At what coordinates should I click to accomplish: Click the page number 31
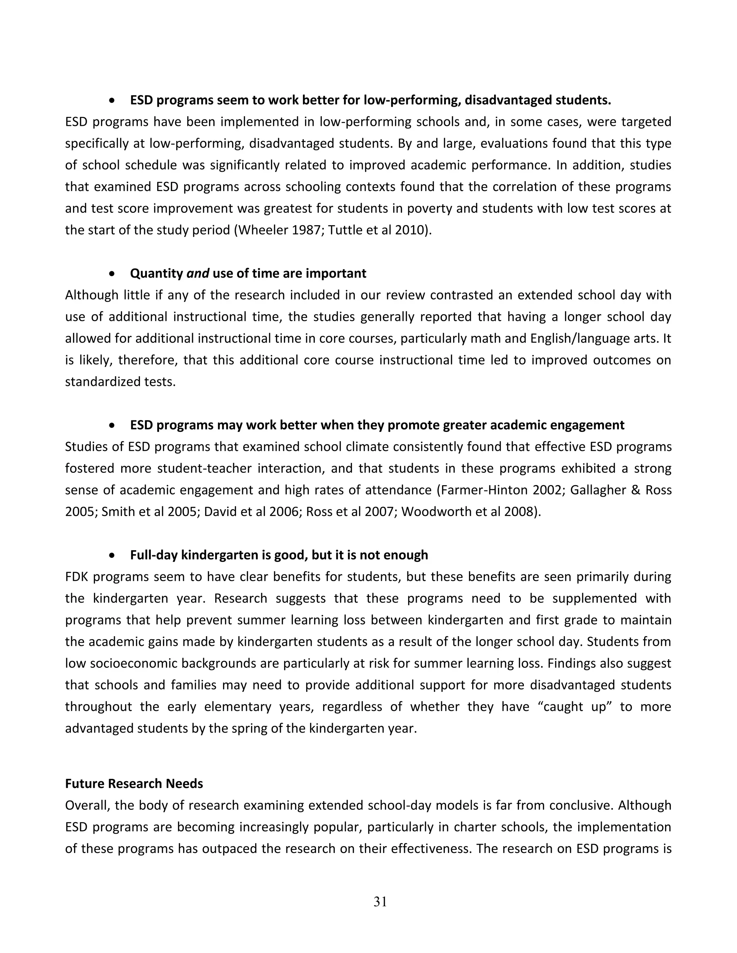click(x=380, y=902)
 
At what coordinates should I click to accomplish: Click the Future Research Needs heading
click(x=134, y=784)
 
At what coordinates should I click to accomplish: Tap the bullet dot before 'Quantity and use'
click(x=113, y=274)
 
